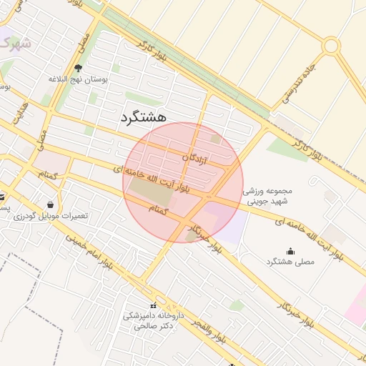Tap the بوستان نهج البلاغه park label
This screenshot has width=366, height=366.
(x=78, y=79)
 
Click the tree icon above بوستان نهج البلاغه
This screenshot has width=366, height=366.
(x=78, y=68)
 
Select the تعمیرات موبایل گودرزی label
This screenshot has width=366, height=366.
(x=49, y=215)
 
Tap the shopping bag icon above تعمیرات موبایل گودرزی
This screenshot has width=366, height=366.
(x=49, y=204)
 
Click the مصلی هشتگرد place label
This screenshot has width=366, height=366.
(x=290, y=262)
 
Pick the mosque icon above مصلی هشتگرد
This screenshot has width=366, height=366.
(x=290, y=251)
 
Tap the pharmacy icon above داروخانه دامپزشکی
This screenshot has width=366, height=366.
(x=152, y=305)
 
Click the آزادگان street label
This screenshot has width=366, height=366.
(x=194, y=157)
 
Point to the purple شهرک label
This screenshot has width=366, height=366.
(x=14, y=43)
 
